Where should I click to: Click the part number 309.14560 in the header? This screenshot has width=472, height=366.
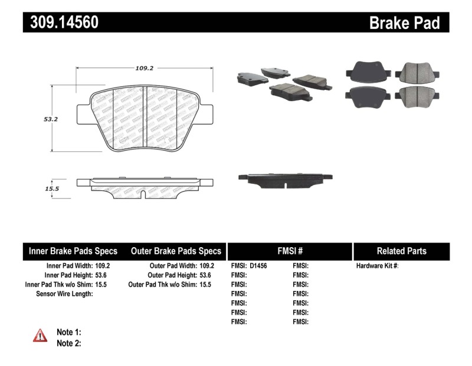[61, 22]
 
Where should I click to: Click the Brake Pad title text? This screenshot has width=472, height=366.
[404, 22]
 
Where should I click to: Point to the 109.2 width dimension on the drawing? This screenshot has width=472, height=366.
[145, 69]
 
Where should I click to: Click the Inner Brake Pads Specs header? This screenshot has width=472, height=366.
[73, 251]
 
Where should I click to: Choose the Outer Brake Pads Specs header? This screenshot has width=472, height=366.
[176, 251]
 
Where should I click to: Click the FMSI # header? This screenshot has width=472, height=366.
[289, 251]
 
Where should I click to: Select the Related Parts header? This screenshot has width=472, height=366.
[401, 251]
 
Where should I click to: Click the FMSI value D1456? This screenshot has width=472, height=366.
[258, 266]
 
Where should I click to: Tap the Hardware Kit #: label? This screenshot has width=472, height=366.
[378, 266]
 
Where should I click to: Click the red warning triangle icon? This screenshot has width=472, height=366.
[40, 336]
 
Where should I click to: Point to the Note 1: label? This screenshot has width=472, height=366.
[68, 332]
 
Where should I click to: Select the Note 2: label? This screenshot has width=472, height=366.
[68, 343]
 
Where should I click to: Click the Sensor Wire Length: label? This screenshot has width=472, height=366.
[64, 294]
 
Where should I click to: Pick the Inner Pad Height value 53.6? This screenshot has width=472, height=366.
[103, 276]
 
